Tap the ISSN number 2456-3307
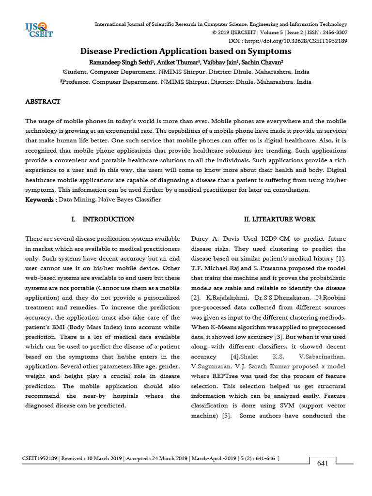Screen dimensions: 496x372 pos(333,32)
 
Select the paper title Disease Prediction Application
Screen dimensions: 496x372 pos(186,51)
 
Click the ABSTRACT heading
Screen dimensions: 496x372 pos(43,102)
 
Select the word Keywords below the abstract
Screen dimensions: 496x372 pos(40,199)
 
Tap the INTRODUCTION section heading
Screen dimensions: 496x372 pos(108,219)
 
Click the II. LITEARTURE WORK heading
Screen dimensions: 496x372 pos(279,219)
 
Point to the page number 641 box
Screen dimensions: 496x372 pos(323,463)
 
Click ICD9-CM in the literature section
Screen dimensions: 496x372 pos(271,239)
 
